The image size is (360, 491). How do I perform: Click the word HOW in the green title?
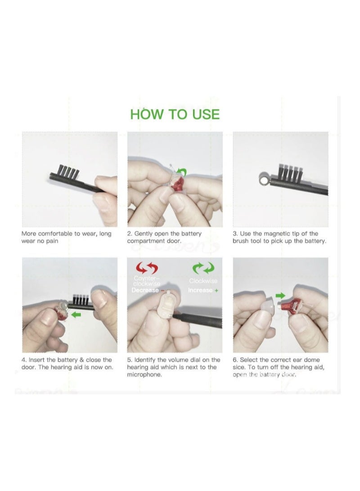(146, 114)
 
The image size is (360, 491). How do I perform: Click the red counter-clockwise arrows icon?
(147, 269)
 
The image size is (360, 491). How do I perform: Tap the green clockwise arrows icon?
(203, 269)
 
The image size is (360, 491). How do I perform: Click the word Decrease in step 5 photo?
(145, 290)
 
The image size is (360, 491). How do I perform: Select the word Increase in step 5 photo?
(200, 290)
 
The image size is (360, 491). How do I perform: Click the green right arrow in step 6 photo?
(280, 296)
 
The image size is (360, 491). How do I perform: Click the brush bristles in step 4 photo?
(81, 299)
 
